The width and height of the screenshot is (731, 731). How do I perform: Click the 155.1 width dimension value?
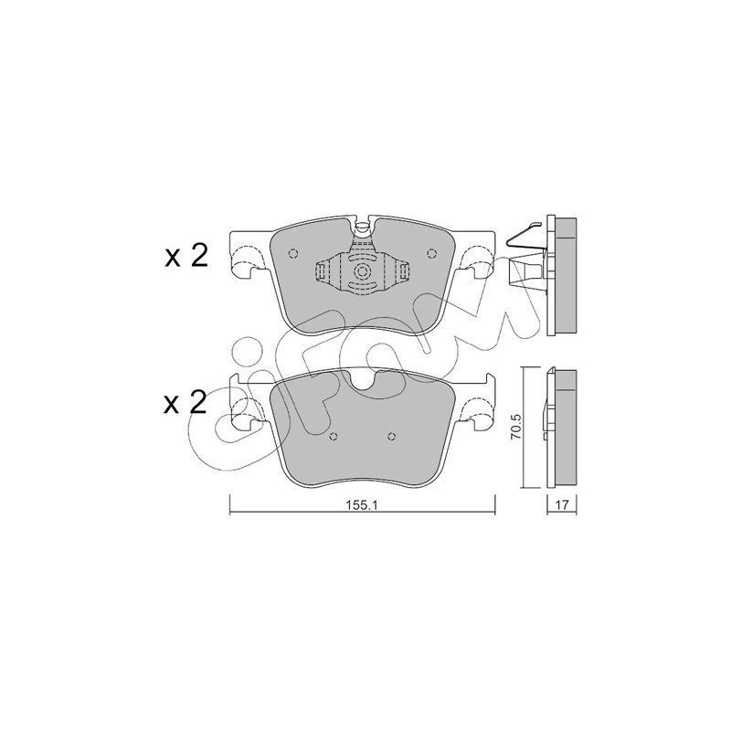361,505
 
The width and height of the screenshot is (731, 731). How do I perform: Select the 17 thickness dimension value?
562,505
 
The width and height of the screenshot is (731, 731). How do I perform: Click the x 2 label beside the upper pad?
185,257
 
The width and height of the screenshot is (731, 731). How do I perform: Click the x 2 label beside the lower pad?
185,403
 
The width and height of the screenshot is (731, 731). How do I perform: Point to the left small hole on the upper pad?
293,253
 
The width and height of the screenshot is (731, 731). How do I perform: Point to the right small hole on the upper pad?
431,253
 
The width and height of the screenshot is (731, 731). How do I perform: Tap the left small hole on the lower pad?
333,437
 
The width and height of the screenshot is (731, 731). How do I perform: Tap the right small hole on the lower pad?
392,437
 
